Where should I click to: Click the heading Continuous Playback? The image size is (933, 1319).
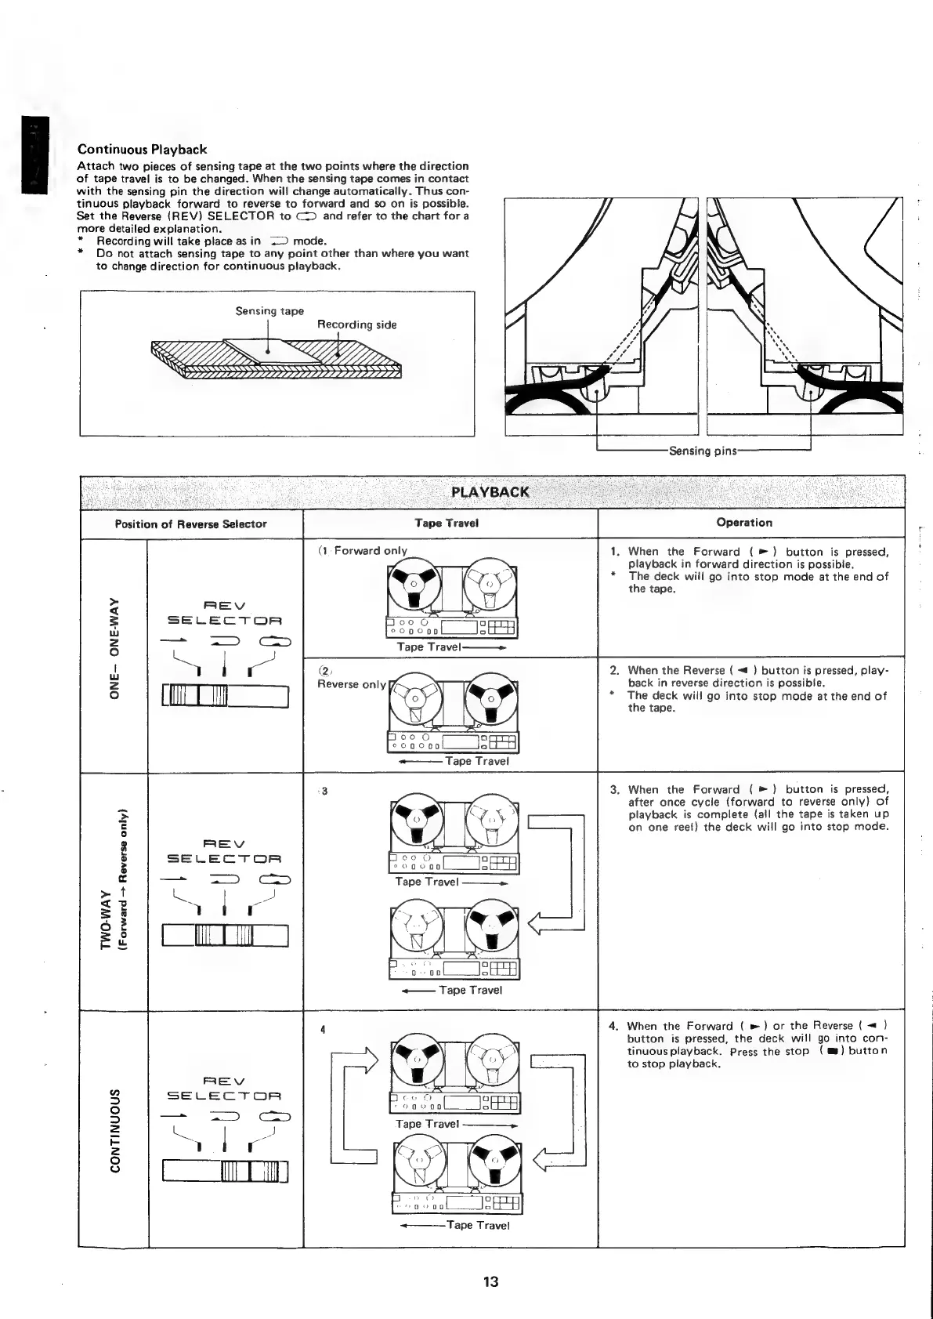click(x=142, y=149)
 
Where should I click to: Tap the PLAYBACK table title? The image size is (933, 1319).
click(x=491, y=492)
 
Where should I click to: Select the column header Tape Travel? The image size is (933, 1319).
click(x=447, y=523)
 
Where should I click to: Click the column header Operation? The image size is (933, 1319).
click(x=744, y=523)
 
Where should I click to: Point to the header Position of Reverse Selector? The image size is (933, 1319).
click(x=191, y=524)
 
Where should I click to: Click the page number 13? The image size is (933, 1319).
click(x=490, y=1281)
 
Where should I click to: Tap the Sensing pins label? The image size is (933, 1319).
click(x=701, y=451)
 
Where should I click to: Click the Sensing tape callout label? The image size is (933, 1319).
click(x=269, y=311)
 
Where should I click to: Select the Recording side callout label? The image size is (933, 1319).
click(x=356, y=324)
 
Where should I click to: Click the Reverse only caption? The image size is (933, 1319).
click(x=352, y=684)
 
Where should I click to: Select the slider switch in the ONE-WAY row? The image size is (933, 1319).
click(x=226, y=696)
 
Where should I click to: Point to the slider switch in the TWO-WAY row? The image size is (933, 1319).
click(x=226, y=936)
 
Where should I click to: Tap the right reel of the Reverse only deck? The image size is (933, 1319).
click(x=490, y=699)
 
